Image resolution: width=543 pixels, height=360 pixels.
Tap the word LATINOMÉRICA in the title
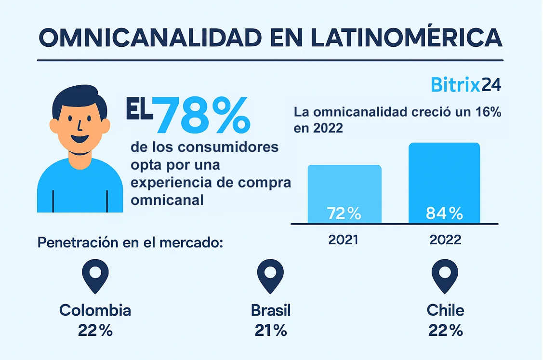407,37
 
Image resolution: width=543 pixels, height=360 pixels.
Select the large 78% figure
203,116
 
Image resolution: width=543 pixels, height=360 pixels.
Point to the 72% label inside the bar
344,213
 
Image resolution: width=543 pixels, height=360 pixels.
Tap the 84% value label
444,213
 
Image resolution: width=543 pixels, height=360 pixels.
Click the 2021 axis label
343,240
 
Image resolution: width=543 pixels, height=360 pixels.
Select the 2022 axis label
444,240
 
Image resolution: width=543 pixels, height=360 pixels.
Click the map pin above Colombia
95,276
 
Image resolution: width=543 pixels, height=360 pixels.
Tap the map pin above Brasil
270,276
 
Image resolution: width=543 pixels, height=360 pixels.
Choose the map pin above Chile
445,276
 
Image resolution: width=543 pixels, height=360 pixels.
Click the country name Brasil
271,310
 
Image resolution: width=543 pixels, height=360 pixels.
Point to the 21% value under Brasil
271,330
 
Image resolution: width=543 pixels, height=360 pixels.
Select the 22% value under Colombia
95,330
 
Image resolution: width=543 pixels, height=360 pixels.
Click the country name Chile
445,310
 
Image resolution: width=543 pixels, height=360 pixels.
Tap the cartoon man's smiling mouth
79,140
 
